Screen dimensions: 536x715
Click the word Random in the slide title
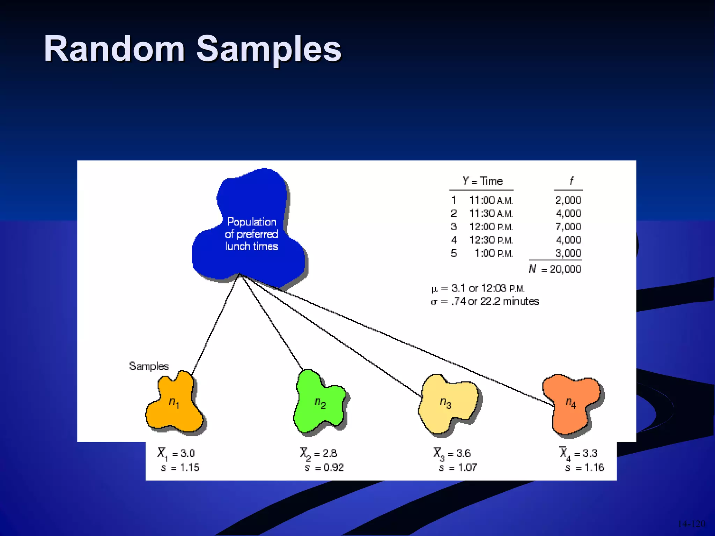114,49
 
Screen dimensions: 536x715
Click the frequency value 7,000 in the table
568,227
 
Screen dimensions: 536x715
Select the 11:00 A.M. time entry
491,200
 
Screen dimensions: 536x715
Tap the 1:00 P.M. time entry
493,253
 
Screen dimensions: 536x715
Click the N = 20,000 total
555,269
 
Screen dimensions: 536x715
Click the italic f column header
571,181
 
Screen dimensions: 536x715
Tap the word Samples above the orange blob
149,366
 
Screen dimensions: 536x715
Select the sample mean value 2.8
330,453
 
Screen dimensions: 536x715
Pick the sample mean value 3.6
463,453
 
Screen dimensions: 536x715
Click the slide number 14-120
691,524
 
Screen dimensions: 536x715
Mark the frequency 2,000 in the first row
568,200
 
